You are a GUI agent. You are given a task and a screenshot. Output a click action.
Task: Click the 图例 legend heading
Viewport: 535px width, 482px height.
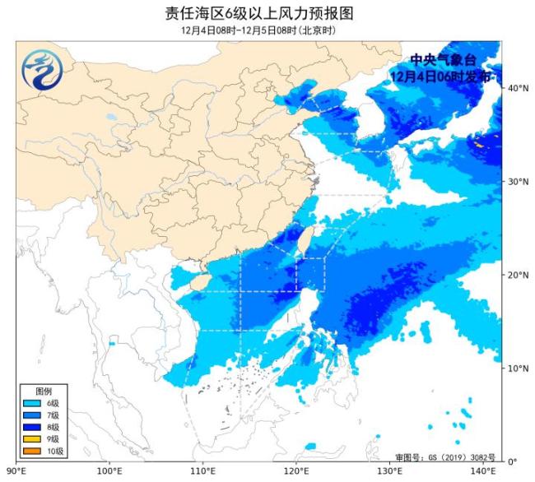43,391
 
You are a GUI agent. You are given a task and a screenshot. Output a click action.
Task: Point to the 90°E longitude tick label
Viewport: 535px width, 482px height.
18,471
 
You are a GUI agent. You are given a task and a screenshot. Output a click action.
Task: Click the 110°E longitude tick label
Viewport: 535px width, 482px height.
203,471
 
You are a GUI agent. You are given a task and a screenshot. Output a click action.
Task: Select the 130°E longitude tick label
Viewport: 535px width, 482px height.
390,471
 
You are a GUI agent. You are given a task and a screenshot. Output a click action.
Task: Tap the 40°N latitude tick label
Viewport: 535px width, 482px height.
518,87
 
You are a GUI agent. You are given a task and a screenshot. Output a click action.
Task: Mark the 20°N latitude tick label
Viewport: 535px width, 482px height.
518,275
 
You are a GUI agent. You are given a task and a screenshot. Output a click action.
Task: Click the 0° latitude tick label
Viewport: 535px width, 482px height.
512,461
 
